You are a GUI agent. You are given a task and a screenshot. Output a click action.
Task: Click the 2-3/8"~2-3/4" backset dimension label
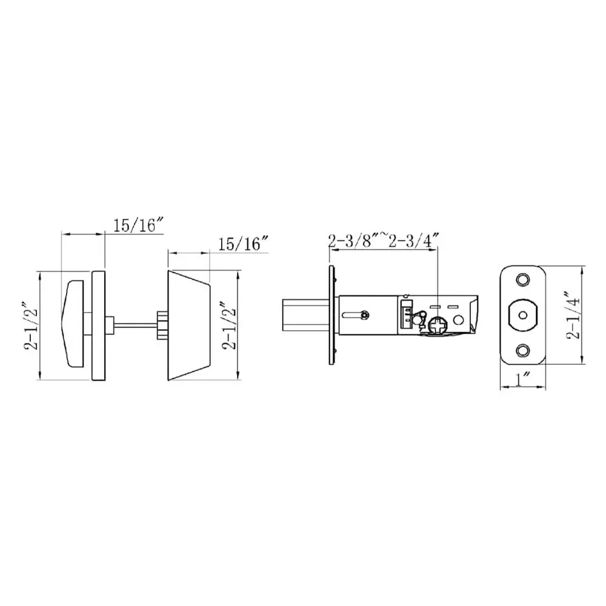coord(384,241)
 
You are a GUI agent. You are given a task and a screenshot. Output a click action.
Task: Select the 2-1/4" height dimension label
coord(573,315)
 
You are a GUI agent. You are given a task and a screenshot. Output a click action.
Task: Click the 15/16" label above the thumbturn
coord(139,225)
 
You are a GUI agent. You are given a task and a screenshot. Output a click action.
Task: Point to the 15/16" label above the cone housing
coord(244,244)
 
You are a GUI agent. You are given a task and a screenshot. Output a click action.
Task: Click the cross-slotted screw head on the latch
coord(438,325)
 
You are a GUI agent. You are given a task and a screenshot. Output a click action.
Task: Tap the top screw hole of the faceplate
coord(522,279)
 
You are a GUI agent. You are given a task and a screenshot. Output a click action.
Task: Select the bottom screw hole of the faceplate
coord(522,350)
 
